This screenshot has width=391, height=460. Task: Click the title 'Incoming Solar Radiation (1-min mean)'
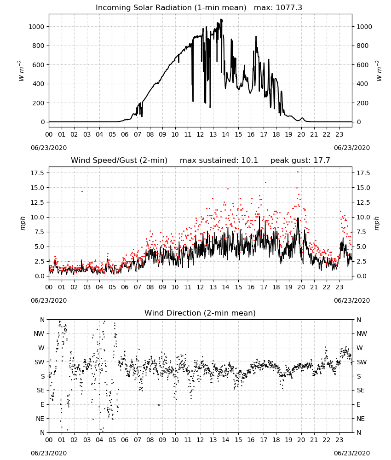(x=171, y=8)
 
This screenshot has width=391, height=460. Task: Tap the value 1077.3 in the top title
(x=289, y=8)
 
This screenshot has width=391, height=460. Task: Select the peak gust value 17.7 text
(x=321, y=161)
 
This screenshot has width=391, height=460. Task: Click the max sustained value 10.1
(x=250, y=161)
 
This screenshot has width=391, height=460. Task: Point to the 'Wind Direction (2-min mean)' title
(x=200, y=313)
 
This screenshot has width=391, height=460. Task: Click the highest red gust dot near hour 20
(x=298, y=172)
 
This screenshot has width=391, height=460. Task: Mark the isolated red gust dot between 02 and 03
(x=82, y=191)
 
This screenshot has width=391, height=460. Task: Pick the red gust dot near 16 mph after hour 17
(x=265, y=182)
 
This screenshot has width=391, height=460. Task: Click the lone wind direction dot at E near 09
(x=159, y=405)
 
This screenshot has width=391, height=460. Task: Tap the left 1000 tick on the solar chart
(x=36, y=27)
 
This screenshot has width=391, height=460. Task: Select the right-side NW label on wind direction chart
(x=362, y=334)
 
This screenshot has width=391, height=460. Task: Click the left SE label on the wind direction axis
(x=41, y=391)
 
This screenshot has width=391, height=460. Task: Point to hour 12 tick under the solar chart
(x=201, y=135)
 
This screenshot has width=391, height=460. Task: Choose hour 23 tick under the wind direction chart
(x=339, y=440)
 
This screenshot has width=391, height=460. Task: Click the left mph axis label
(x=23, y=223)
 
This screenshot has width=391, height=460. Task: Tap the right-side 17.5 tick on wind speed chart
(x=363, y=173)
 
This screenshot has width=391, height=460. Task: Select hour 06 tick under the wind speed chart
(x=125, y=287)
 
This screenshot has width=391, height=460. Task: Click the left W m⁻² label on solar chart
(x=21, y=71)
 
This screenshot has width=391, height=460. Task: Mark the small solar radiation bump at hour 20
(x=302, y=119)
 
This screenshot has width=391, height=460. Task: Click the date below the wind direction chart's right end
(x=352, y=453)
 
